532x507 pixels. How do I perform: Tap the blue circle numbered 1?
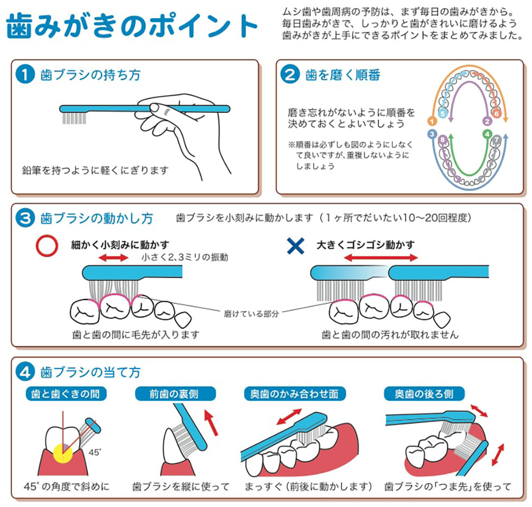26,74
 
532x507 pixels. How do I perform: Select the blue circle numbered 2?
290,74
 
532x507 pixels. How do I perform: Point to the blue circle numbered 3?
26,218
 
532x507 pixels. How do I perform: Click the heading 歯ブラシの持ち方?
90,74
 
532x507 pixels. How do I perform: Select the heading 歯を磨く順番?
343,74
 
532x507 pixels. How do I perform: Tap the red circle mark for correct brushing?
46,245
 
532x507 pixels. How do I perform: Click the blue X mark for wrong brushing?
295,245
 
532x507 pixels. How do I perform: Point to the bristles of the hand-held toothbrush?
74,117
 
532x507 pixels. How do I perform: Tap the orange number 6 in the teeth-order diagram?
496,113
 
